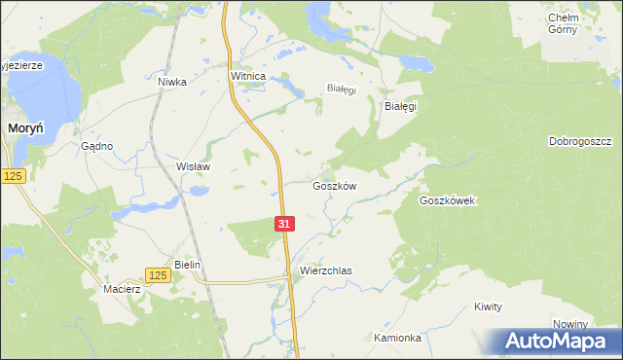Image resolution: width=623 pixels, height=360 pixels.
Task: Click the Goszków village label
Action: [x=335, y=186]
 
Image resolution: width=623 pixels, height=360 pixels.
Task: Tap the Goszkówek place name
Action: [x=446, y=200]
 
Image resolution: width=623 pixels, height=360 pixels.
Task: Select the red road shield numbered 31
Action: [x=283, y=224]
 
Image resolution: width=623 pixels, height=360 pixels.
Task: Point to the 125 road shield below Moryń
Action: [x=13, y=175]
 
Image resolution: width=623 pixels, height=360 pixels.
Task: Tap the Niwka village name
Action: [x=171, y=83]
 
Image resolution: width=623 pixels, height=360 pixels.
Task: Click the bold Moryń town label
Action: [x=23, y=127]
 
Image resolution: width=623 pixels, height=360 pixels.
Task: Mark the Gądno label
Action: [x=97, y=146]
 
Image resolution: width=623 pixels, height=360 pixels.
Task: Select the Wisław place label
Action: [x=193, y=166]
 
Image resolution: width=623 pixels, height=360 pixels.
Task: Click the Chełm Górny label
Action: [x=564, y=23]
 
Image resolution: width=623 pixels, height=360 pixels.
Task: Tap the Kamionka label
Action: [x=397, y=338]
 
